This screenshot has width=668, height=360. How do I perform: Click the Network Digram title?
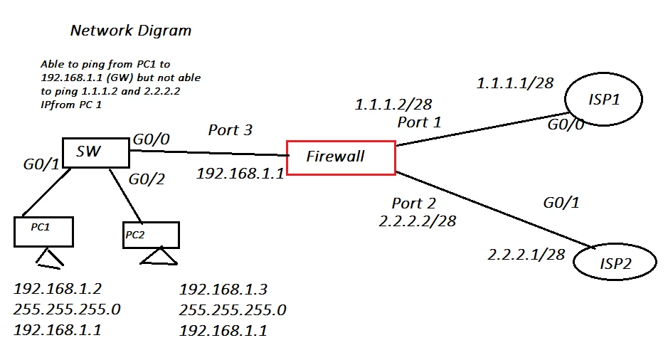pos(131,31)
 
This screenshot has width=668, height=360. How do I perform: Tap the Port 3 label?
pos(230,130)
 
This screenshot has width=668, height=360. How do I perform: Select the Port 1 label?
pos(419,122)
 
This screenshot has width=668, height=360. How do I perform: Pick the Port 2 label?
pos(413,203)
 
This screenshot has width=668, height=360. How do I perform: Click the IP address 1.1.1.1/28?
pos(514,83)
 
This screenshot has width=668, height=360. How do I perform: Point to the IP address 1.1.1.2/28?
pos(393,105)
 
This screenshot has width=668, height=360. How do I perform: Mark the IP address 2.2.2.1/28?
pos(526,255)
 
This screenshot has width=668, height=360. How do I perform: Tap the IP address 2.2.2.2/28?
pos(418,221)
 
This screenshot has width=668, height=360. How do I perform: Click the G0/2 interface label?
pos(147,179)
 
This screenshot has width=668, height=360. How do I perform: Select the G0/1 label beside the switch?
pos(41,164)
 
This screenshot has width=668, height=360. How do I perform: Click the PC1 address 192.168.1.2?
pos(58,289)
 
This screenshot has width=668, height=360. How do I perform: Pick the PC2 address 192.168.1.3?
pos(223,290)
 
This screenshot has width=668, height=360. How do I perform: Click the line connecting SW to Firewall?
pos(209,152)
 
